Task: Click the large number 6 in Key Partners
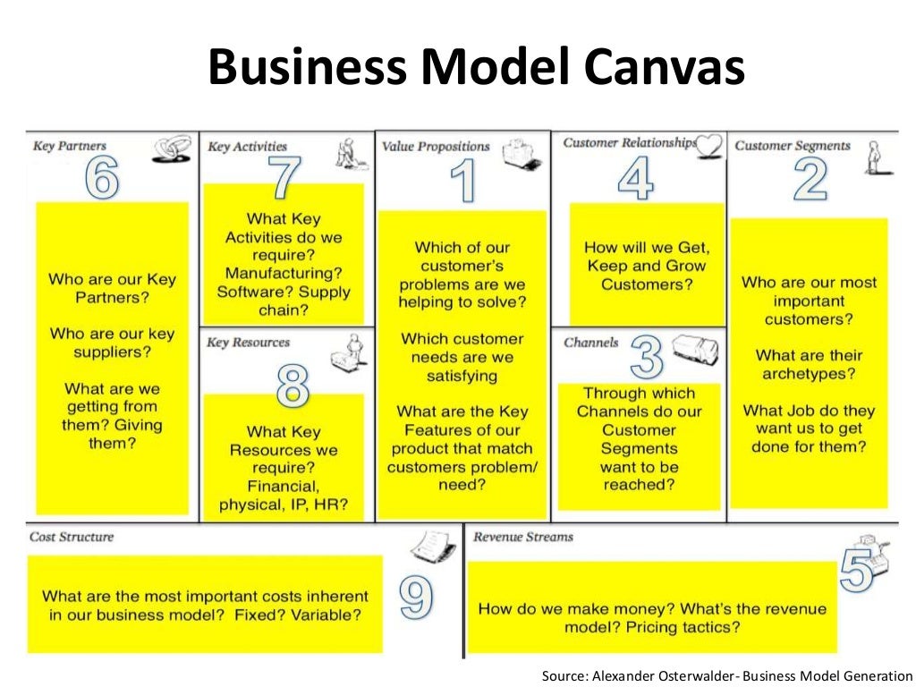pyautogui.click(x=102, y=180)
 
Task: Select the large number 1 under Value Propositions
pyautogui.click(x=463, y=180)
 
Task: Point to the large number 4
pyautogui.click(x=635, y=180)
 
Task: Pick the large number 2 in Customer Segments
pyautogui.click(x=810, y=180)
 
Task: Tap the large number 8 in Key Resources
pyautogui.click(x=293, y=386)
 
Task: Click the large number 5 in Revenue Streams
pyautogui.click(x=856, y=570)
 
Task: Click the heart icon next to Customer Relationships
pyautogui.click(x=709, y=144)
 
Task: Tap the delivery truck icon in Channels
pyautogui.click(x=695, y=348)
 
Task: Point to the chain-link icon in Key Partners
pyautogui.click(x=170, y=149)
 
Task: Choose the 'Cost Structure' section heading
pyautogui.click(x=72, y=537)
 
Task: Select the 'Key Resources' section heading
pyautogui.click(x=249, y=343)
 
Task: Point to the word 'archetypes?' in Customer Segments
pyautogui.click(x=808, y=374)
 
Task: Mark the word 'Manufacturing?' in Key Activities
pyautogui.click(x=283, y=274)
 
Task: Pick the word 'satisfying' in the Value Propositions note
pyautogui.click(x=462, y=376)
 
